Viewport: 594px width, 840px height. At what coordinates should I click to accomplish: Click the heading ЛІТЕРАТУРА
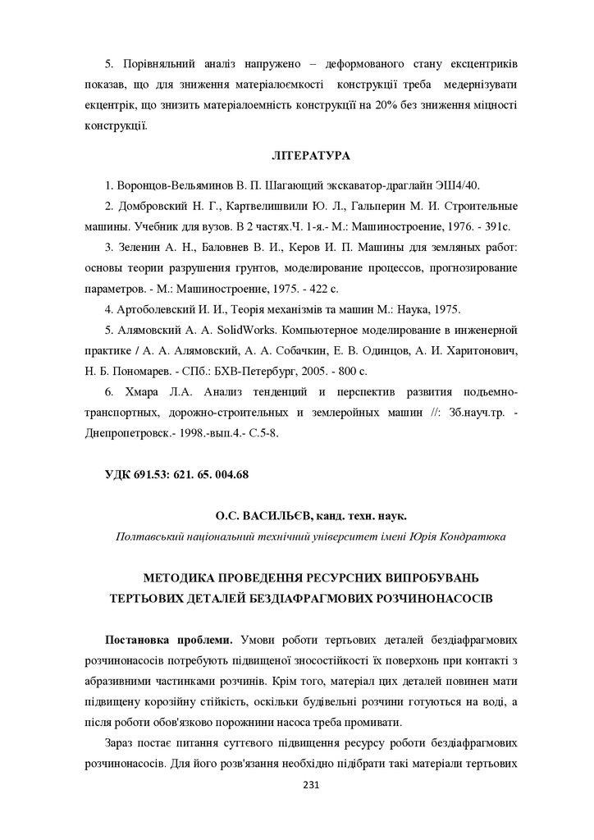(310, 155)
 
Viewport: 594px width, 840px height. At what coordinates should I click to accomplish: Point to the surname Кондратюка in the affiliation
(473, 536)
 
